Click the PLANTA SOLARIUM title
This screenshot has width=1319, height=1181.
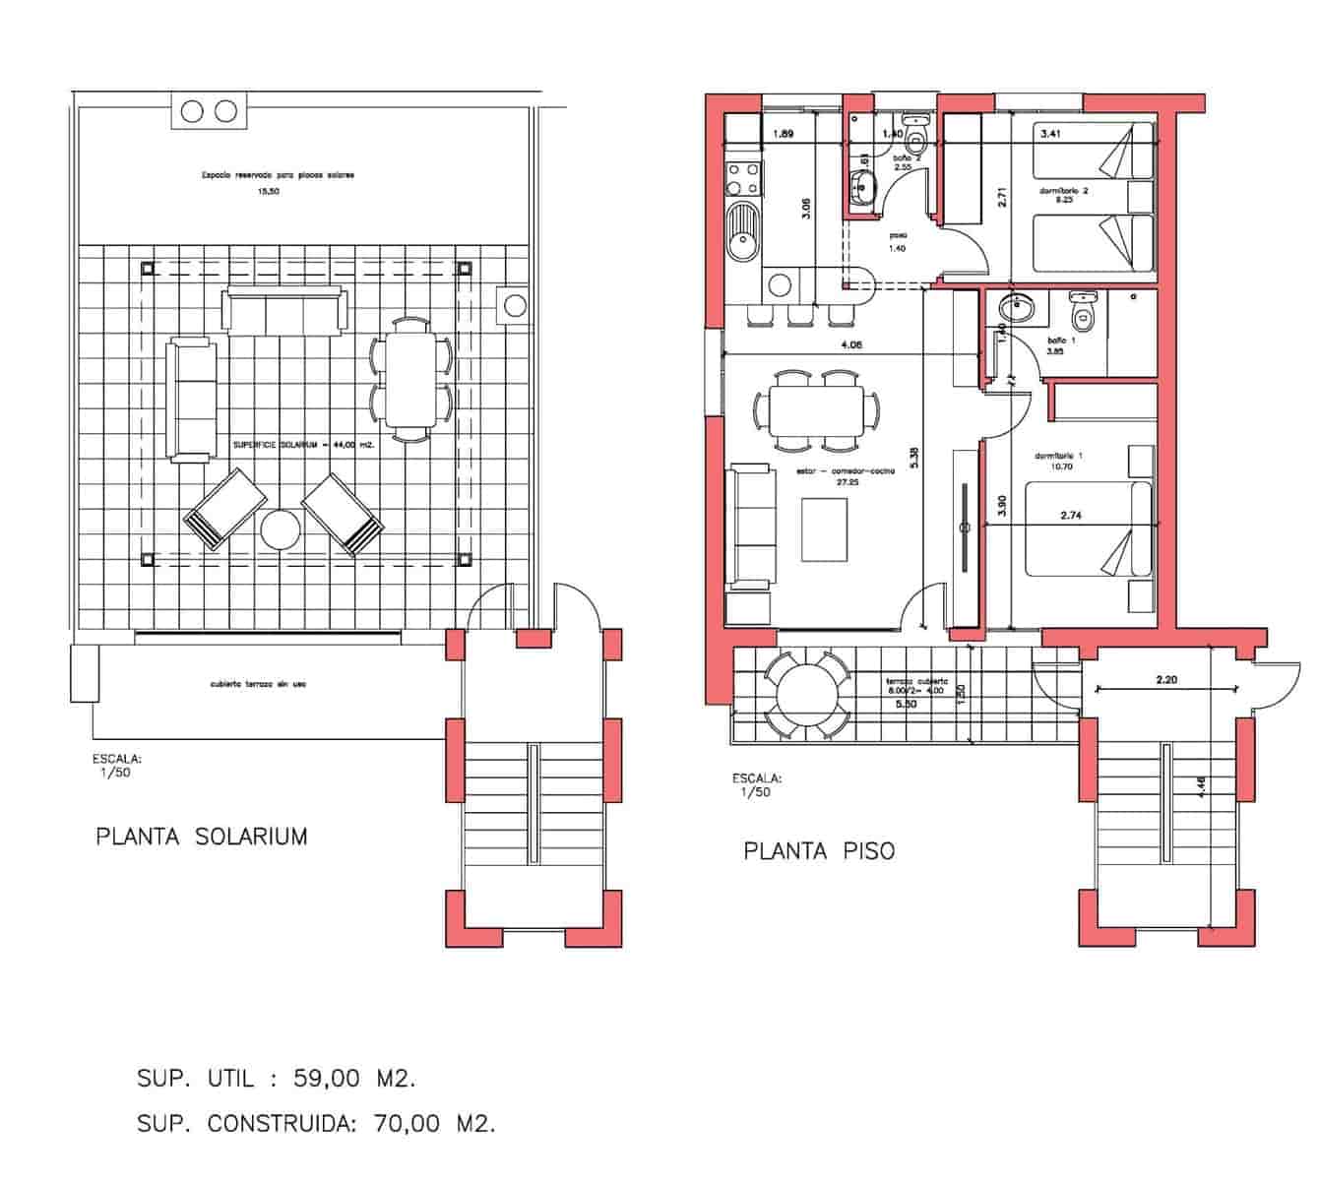[201, 837]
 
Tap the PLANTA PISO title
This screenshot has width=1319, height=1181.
[819, 850]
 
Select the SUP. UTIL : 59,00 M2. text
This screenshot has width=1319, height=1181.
[276, 1079]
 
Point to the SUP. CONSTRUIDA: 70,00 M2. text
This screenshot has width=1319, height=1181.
[315, 1124]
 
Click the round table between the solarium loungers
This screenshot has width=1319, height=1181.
[281, 530]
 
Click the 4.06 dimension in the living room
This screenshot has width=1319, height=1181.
[851, 345]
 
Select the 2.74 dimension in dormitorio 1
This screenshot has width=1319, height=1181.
[1071, 515]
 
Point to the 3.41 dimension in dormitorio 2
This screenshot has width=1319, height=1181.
[1050, 133]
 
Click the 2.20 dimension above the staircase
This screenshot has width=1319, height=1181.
[1166, 679]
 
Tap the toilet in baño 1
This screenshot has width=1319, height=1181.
[1083, 313]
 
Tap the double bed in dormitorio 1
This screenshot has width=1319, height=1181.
[1088, 528]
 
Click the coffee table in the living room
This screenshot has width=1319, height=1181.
[825, 529]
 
